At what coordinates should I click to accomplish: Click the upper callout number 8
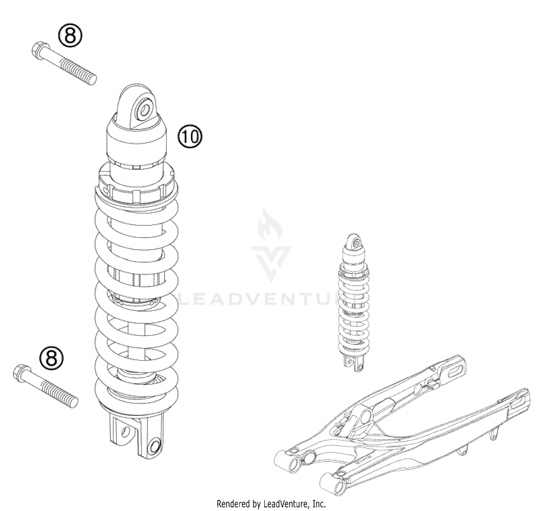click(70, 36)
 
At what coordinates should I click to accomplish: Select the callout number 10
click(190, 137)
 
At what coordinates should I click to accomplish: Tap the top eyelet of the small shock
click(356, 241)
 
